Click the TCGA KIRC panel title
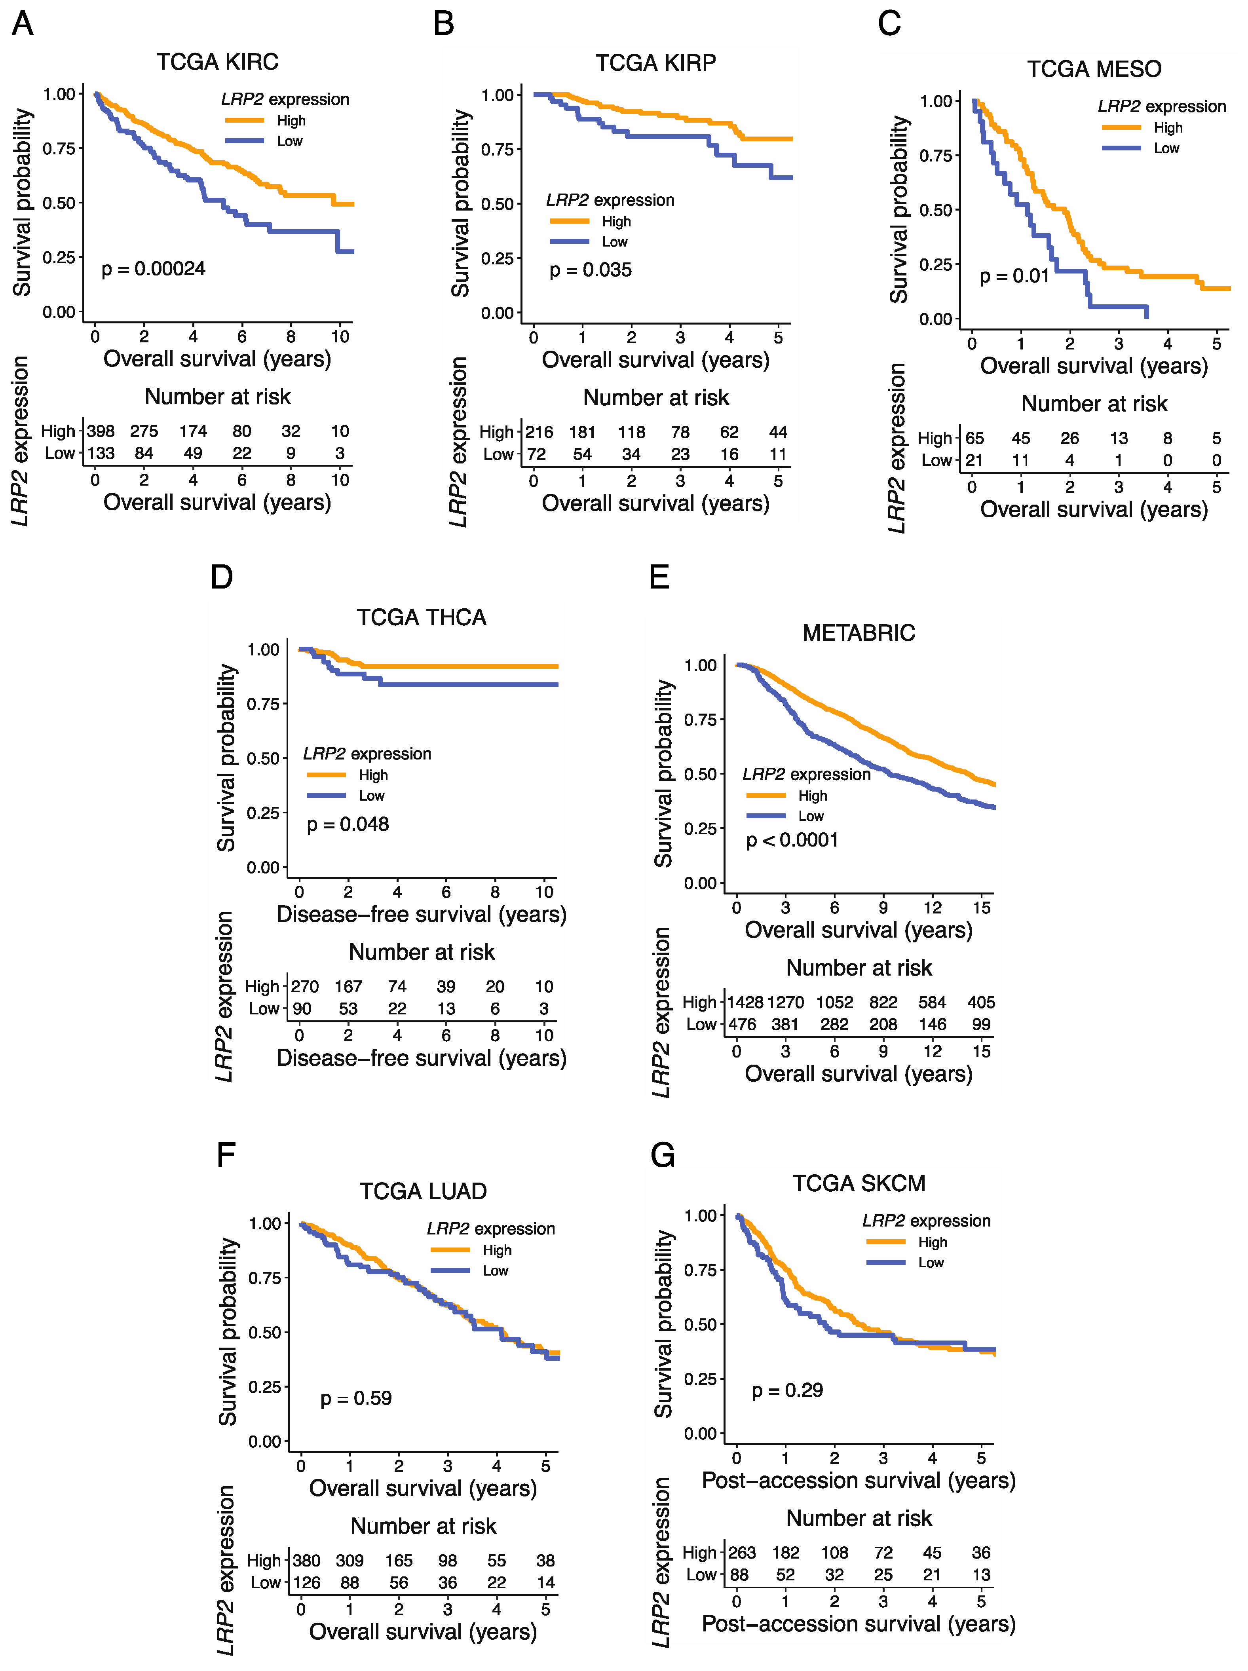click(218, 62)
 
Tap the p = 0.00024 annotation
click(153, 269)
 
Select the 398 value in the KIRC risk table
click(101, 431)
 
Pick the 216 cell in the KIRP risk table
click(539, 432)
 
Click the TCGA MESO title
click(1094, 70)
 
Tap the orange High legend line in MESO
click(1121, 128)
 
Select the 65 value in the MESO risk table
click(974, 438)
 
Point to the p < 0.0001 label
click(792, 840)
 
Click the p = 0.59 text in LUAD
click(356, 1398)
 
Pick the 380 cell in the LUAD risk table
click(307, 1561)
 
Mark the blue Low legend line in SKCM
click(885, 1262)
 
